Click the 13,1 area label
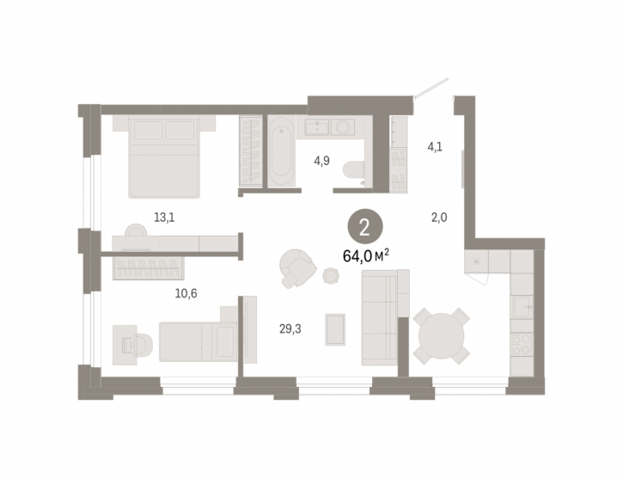164,218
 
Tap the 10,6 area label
186,293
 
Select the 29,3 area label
290,329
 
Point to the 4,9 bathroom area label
321,161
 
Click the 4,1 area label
435,147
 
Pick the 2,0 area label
439,218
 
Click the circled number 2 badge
365,229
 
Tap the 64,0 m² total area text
365,256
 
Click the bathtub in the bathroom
281,151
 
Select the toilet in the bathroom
354,171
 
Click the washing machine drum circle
343,127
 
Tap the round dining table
442,336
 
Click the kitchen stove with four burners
522,344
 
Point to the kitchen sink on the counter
522,307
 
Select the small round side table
331,275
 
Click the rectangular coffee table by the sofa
335,329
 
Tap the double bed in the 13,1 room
164,156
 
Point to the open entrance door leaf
431,87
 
